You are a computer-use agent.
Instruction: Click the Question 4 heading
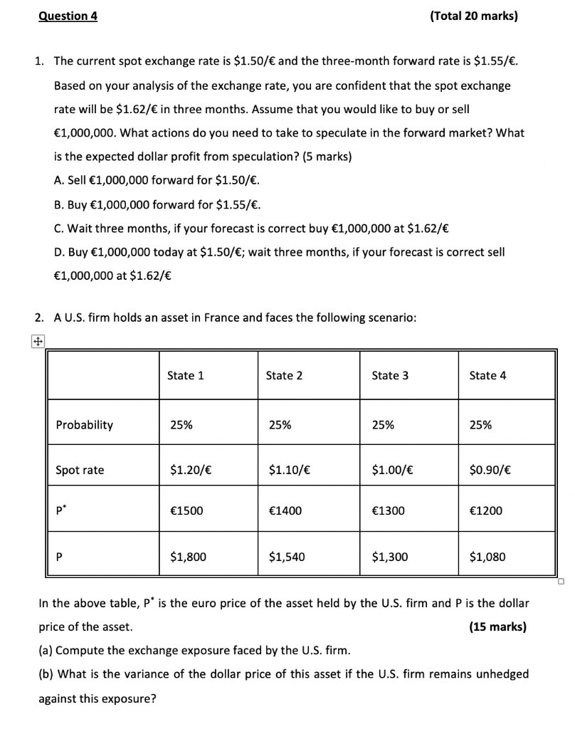coord(68,16)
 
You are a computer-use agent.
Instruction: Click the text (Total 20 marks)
coord(475,16)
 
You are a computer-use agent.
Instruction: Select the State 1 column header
coord(185,375)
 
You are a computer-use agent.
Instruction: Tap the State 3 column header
coord(390,375)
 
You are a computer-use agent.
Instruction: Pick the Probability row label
coord(84,425)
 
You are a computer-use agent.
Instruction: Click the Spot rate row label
coord(80,470)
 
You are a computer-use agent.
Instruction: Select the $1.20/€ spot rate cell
coord(190,470)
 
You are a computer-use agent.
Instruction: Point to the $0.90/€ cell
coord(490,470)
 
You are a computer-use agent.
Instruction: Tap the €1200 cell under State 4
coord(486,510)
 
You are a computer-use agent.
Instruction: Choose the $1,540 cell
coord(287,557)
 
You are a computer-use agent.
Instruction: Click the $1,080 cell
coord(487,557)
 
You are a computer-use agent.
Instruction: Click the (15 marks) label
coord(497,627)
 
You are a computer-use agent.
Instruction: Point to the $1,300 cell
coord(390,557)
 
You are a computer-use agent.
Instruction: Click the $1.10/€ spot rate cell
coord(288,470)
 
